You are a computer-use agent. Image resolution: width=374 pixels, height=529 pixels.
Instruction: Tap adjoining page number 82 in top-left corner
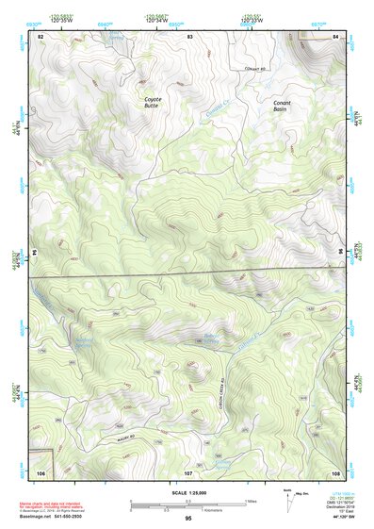point(41,36)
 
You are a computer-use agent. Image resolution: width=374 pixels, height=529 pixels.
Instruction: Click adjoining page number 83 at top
point(189,36)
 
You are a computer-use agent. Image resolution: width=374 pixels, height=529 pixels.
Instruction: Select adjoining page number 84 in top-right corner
point(335,36)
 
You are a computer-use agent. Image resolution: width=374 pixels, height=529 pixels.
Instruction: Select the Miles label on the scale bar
point(252,501)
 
